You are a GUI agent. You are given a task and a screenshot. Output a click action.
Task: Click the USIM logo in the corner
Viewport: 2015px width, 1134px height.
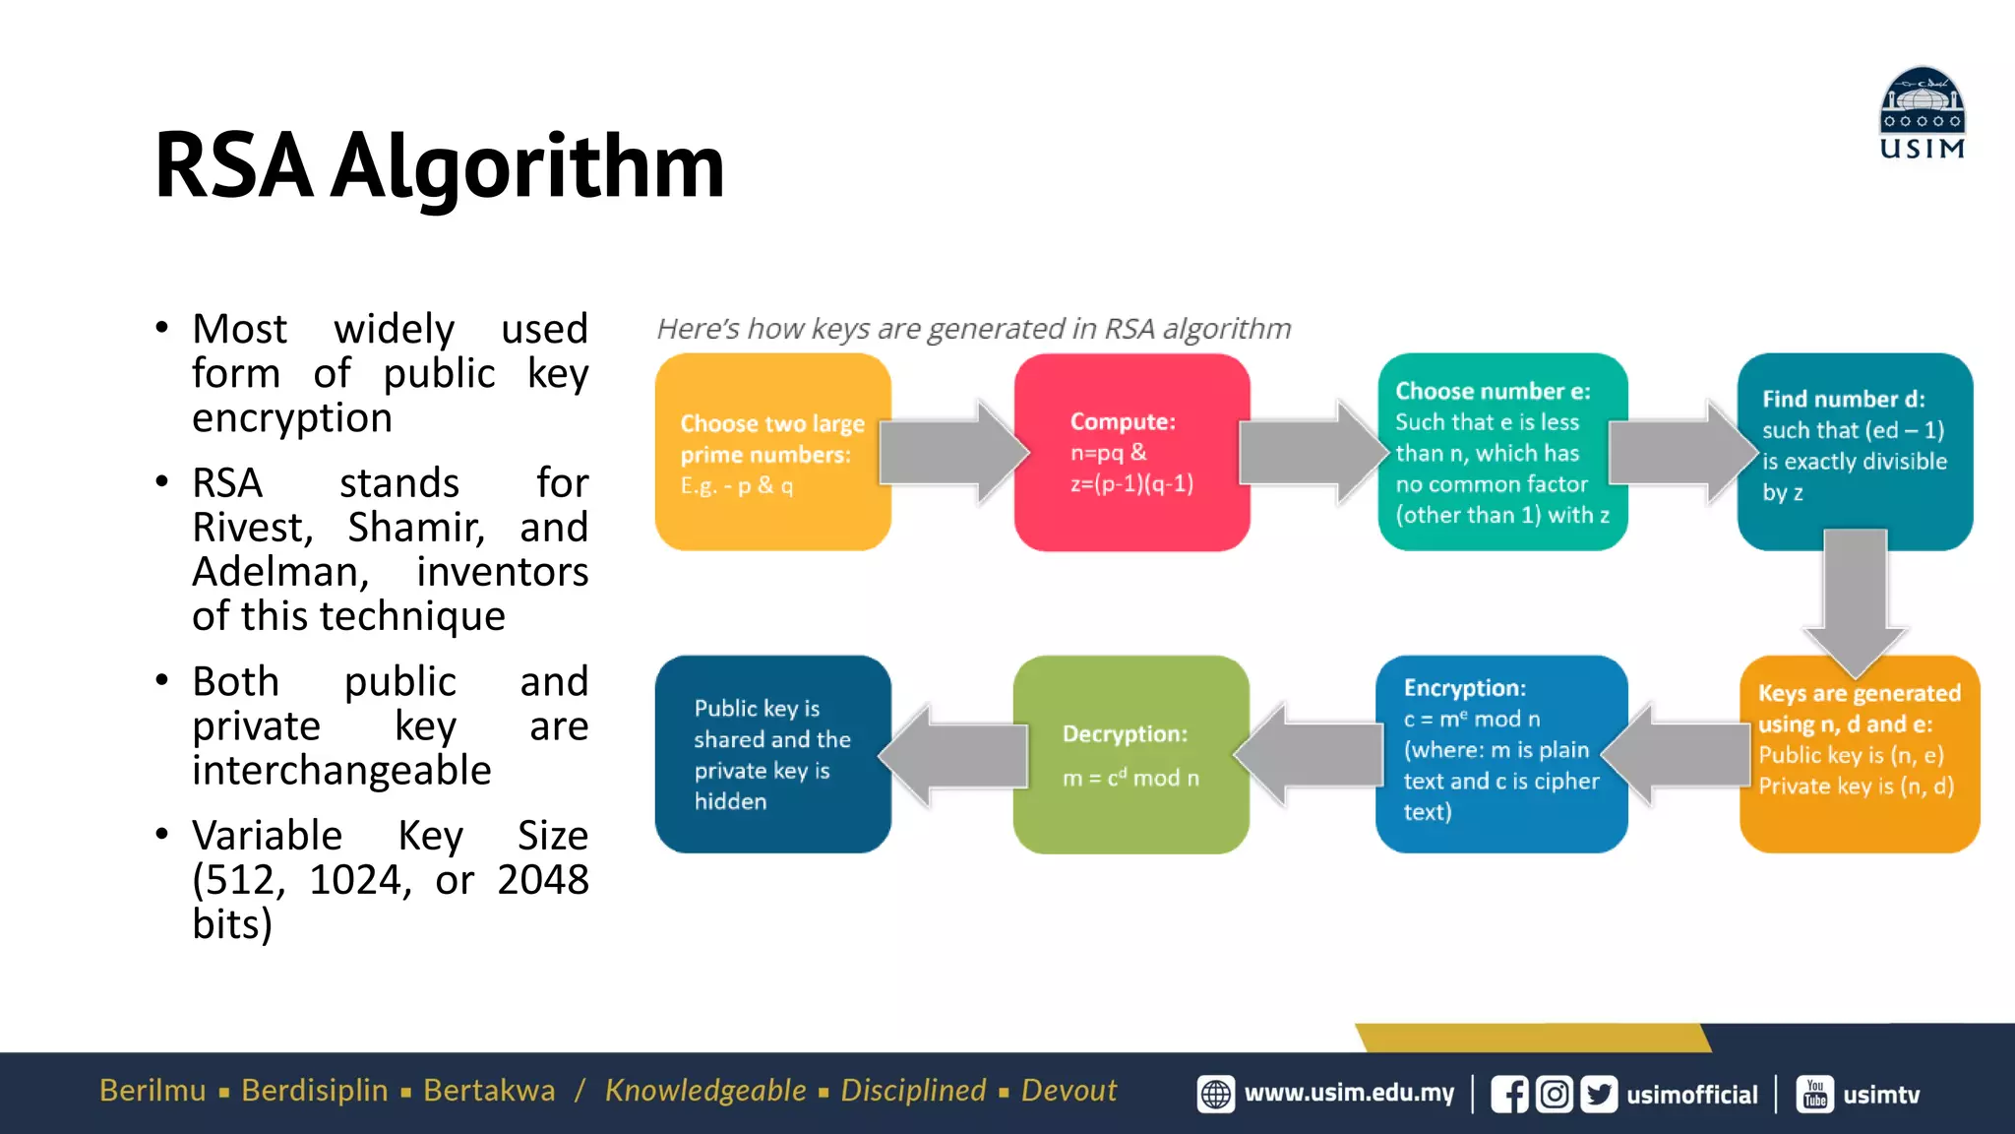pyautogui.click(x=1922, y=112)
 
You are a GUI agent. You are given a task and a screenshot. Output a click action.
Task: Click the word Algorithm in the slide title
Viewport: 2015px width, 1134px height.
pyautogui.click(x=527, y=167)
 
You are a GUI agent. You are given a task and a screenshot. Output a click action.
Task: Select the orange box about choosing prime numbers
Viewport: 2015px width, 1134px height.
pyautogui.click(x=772, y=453)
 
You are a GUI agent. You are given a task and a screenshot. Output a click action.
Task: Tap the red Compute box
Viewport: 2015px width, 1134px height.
pyautogui.click(x=1131, y=453)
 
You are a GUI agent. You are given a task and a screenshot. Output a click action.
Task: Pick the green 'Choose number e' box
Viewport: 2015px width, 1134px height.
pyautogui.click(x=1502, y=453)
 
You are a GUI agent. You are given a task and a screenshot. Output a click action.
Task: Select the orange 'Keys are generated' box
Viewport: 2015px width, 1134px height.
pyautogui.click(x=1859, y=753)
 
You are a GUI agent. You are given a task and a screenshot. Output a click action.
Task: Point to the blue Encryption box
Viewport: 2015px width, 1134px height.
pyautogui.click(x=1501, y=753)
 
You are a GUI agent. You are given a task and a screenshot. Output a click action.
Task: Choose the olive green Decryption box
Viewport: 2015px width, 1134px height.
pyautogui.click(x=1130, y=754)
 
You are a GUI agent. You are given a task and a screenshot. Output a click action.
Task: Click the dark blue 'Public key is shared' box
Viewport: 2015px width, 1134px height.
pyautogui.click(x=772, y=754)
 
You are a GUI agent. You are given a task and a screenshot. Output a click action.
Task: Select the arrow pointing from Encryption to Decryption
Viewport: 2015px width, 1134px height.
pyautogui.click(x=1309, y=754)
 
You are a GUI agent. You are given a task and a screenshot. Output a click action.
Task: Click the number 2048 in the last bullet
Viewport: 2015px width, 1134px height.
pyautogui.click(x=542, y=880)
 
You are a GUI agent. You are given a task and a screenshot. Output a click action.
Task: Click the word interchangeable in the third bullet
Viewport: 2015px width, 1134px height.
pyautogui.click(x=341, y=771)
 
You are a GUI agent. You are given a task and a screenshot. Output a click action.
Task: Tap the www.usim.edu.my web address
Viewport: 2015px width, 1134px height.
pyautogui.click(x=1349, y=1094)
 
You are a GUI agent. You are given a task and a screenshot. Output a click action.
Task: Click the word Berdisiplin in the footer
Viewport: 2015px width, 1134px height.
pyautogui.click(x=315, y=1091)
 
